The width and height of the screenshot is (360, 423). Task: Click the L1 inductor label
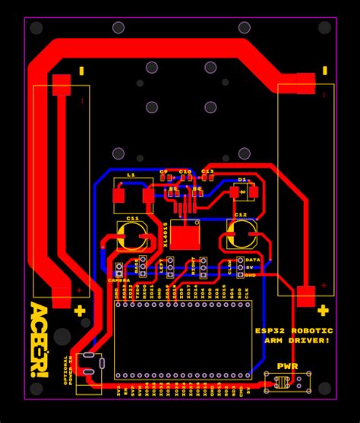click(131, 175)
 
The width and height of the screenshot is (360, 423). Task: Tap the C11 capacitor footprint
click(132, 237)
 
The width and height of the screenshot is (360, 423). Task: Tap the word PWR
click(287, 367)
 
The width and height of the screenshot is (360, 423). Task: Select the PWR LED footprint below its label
click(287, 383)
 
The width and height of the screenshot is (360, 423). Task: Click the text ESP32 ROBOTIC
click(293, 330)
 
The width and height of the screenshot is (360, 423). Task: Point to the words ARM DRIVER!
click(297, 340)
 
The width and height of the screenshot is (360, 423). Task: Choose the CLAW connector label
click(229, 267)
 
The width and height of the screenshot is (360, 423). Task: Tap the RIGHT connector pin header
click(204, 265)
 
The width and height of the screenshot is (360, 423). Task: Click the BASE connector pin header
click(144, 265)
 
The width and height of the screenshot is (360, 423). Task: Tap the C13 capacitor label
click(207, 171)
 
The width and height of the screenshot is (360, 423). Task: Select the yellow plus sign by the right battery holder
click(323, 310)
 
